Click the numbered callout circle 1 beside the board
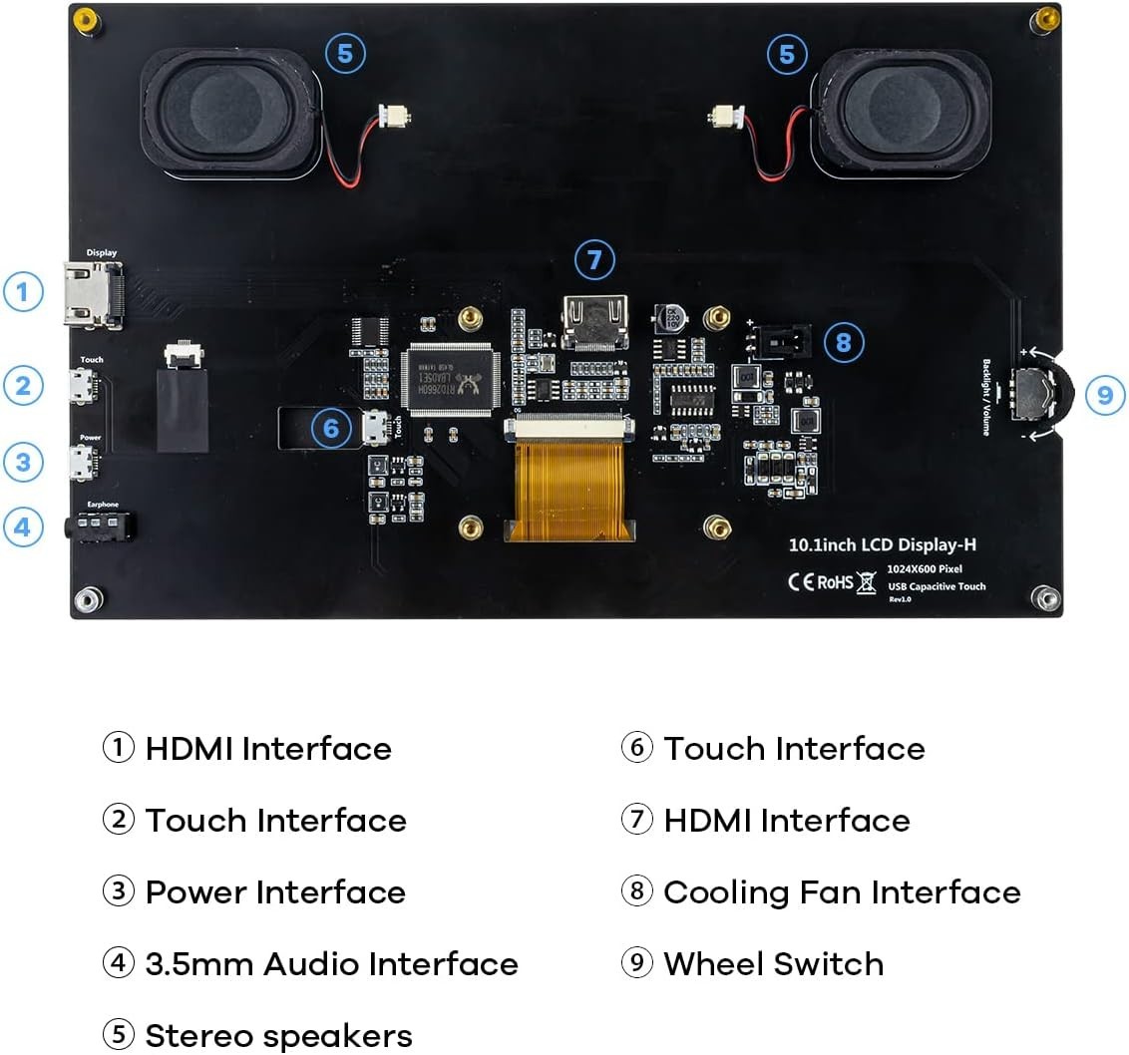click(23, 293)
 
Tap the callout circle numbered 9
click(1104, 395)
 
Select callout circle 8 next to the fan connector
click(844, 343)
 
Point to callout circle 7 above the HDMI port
click(594, 260)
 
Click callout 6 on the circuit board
click(332, 429)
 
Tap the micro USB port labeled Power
click(85, 463)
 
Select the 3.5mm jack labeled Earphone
click(102, 525)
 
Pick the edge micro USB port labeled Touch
click(85, 386)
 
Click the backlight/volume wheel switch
click(1033, 397)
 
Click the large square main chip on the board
click(449, 378)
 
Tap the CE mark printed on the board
click(801, 581)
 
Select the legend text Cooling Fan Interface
click(842, 892)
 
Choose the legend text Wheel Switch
click(773, 964)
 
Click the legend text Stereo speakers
click(278, 1035)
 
